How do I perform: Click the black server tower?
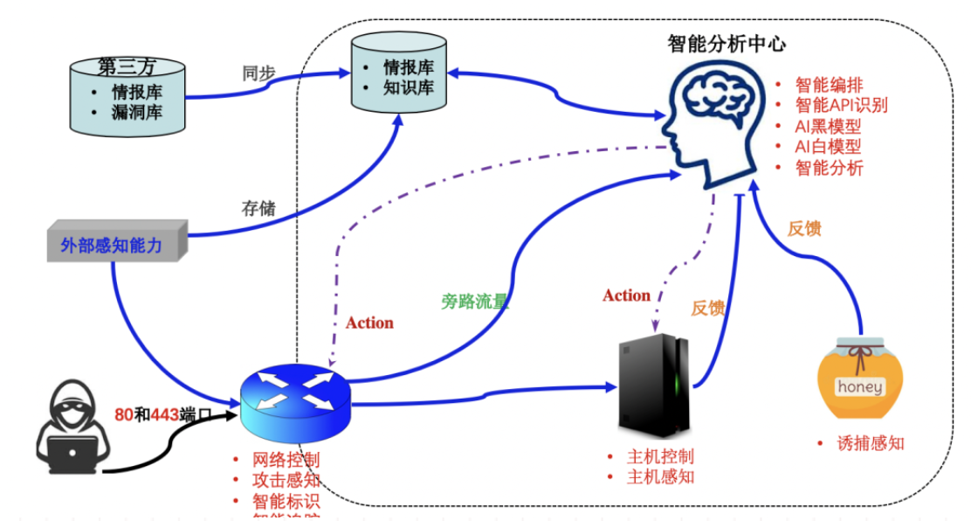[652, 385]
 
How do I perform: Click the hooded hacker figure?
[69, 429]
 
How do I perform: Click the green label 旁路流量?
[473, 302]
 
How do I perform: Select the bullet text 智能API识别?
[841, 106]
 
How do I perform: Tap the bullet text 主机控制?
[660, 457]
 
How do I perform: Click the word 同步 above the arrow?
[258, 73]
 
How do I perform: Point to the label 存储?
[258, 210]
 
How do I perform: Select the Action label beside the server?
[626, 295]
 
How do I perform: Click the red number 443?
[165, 414]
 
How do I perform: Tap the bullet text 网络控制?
[286, 460]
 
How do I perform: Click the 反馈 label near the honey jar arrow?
[804, 229]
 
